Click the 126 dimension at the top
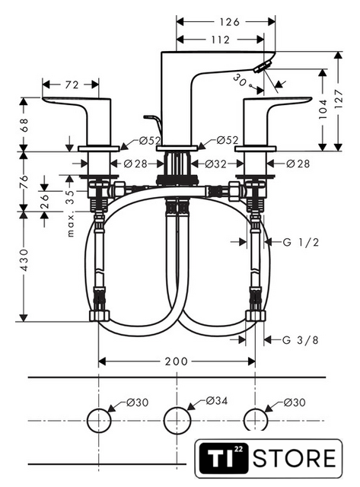(229, 22)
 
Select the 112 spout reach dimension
(220, 40)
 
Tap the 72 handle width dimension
(72, 84)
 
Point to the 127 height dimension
(339, 98)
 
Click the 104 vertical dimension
(323, 109)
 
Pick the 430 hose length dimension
(24, 259)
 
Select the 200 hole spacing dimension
(176, 361)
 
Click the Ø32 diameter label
(215, 164)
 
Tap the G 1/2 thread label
(301, 242)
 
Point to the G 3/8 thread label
(301, 340)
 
